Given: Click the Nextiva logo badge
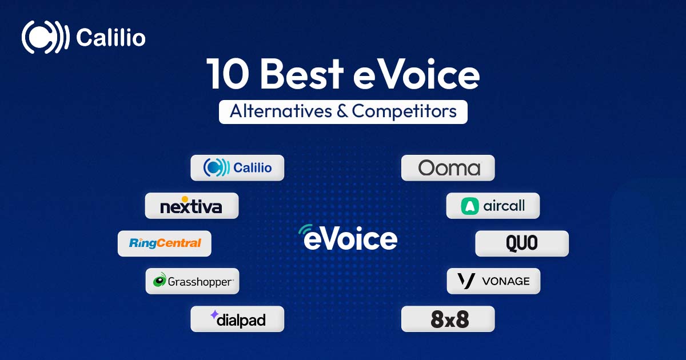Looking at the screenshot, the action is click(192, 206).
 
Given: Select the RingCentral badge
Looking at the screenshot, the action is click(165, 243).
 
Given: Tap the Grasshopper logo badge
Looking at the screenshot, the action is click(192, 281).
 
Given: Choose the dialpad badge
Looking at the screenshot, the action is click(237, 319).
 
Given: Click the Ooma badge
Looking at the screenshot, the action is click(448, 168).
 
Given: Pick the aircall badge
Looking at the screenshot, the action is click(493, 206).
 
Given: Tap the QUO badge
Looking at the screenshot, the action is click(522, 243).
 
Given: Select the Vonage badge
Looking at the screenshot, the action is click(494, 281).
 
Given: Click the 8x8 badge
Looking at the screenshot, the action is click(448, 319).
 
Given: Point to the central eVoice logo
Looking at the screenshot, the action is click(348, 238).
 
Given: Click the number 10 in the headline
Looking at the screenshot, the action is click(228, 74).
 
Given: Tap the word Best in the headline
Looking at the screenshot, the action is click(302, 74).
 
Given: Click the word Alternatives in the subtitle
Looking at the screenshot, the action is click(281, 111).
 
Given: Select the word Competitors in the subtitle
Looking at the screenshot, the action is click(404, 111).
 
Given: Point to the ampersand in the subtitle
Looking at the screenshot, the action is click(342, 111).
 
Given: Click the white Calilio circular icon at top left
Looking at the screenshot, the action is click(45, 37).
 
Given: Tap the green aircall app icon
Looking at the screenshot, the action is click(470, 206).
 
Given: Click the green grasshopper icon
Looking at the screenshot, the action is click(159, 280).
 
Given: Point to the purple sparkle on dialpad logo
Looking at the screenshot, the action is click(214, 314).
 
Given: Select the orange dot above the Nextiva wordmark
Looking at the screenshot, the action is click(185, 199).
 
